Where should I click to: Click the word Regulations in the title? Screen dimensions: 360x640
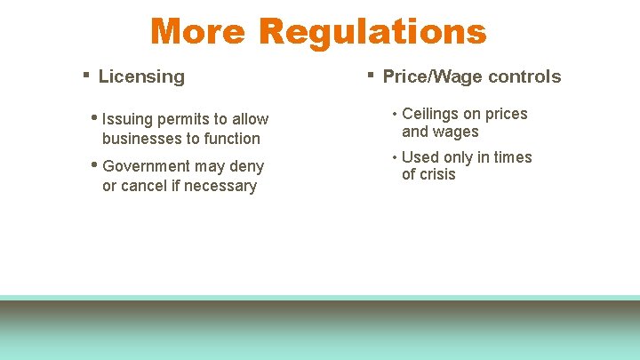[372, 31]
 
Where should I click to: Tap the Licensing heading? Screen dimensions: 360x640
[141, 76]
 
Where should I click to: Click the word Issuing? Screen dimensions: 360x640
[126, 120]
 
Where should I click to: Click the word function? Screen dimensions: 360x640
[233, 139]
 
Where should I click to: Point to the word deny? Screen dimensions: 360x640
[246, 166]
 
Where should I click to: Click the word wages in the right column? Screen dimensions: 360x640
[457, 132]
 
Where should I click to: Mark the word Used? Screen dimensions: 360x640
[420, 157]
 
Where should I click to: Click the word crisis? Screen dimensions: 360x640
[437, 174]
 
